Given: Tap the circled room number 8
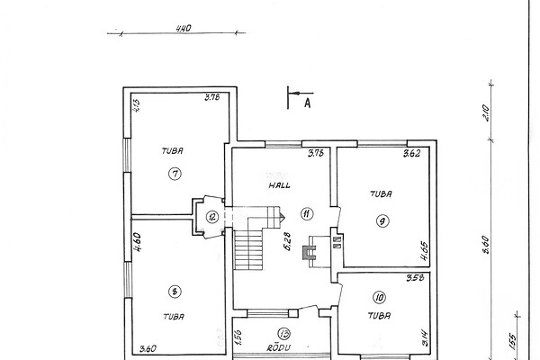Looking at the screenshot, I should [x=174, y=290].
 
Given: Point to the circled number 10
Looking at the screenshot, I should [x=378, y=296].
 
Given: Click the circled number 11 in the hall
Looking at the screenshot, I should [x=307, y=213].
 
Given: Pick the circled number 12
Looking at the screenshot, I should [x=211, y=216].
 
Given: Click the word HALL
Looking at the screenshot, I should [x=277, y=184].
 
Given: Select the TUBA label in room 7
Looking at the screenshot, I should [x=173, y=150].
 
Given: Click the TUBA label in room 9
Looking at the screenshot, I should [x=380, y=192].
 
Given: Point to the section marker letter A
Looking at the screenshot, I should [x=307, y=103].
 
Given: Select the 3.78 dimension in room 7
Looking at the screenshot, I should [x=212, y=97].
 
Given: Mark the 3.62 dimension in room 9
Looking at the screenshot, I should [x=412, y=153].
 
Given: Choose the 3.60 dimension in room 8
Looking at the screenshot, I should [x=148, y=348].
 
